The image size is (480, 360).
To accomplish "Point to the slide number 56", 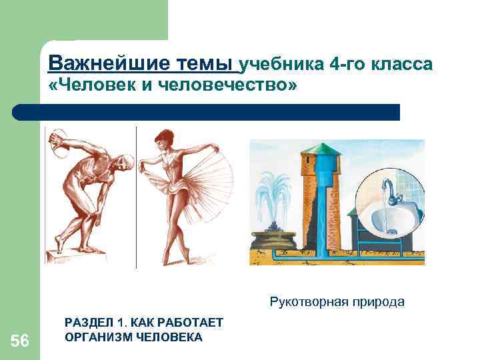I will (20, 341).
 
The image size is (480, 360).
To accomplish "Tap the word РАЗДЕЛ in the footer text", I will (86, 323).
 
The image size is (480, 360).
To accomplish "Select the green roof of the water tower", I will (319, 149).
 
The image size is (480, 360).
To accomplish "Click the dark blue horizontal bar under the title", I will (207, 112).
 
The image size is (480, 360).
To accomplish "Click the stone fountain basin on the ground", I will (274, 237).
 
